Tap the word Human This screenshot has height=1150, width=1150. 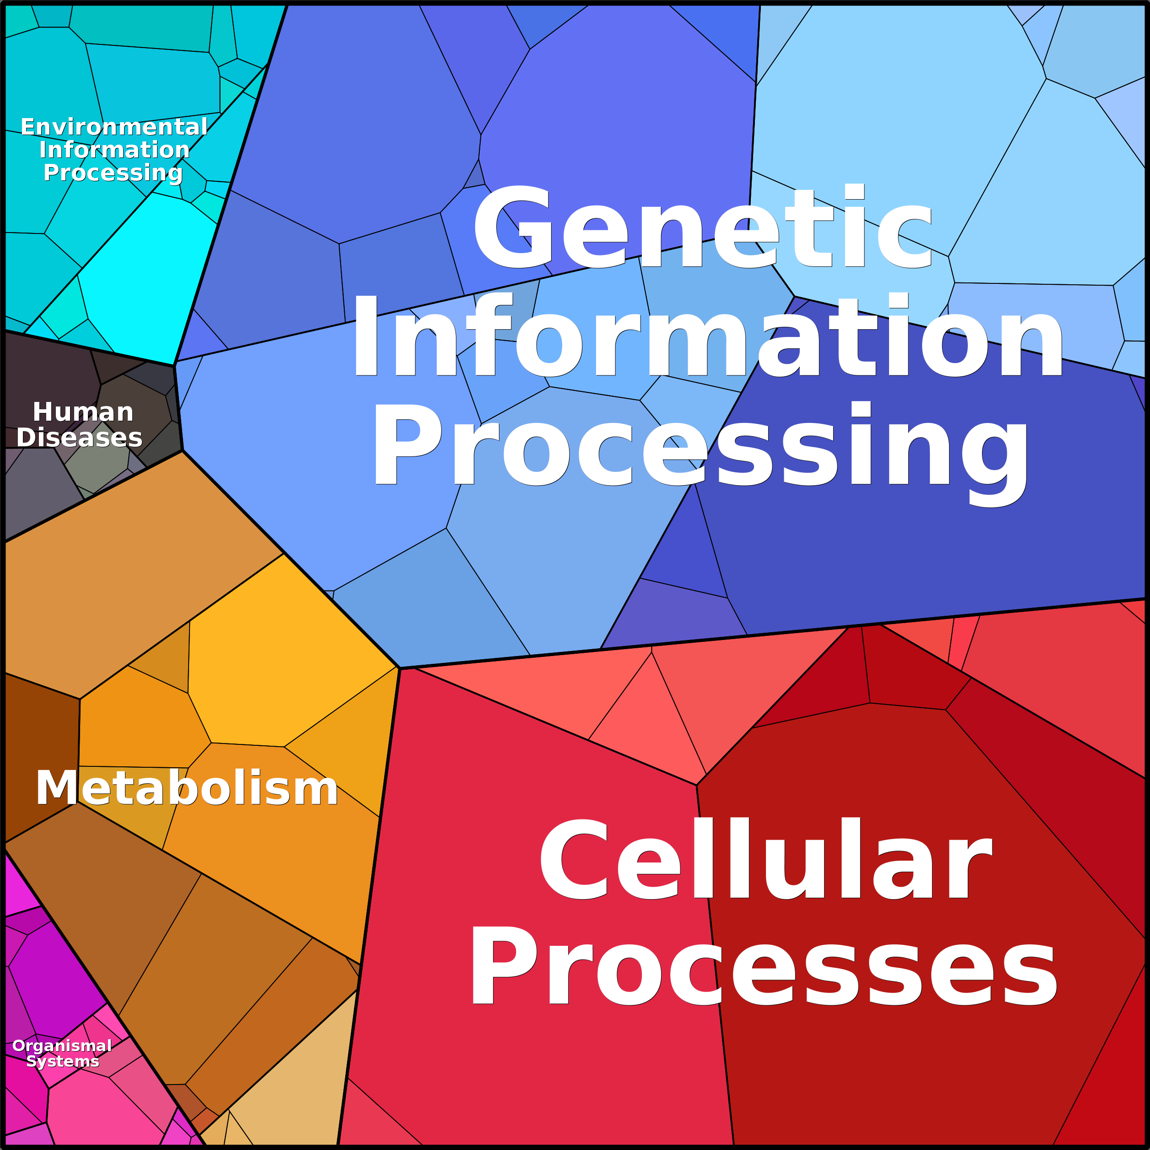pos(83,412)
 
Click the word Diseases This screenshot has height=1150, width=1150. pos(79,438)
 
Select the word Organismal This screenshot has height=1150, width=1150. pos(62,1046)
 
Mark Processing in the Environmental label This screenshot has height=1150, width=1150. pos(113,173)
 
